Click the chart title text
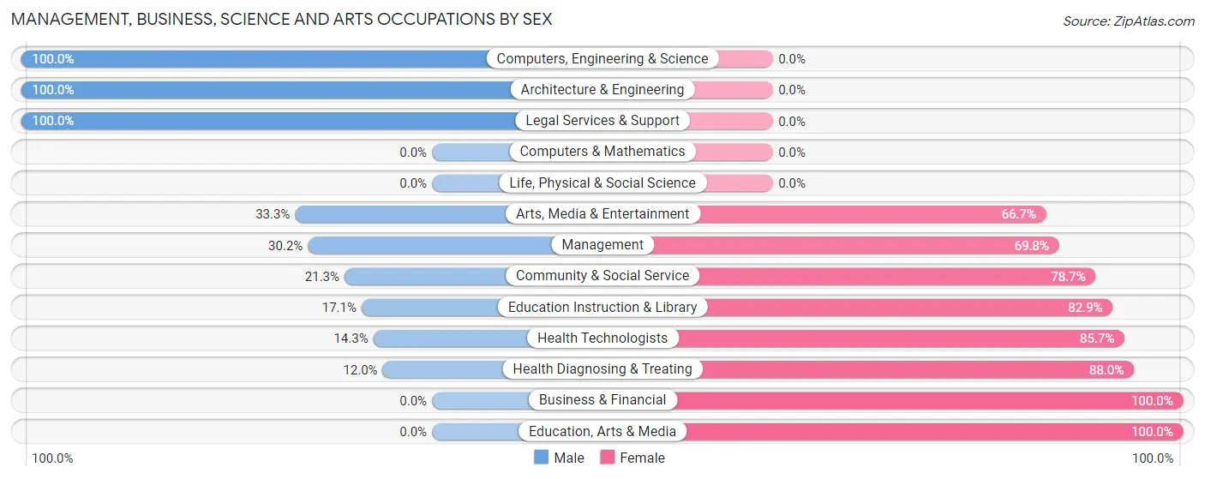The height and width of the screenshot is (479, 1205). pos(282,19)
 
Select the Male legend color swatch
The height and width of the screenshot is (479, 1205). pos(541,458)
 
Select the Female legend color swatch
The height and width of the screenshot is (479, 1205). pos(608,458)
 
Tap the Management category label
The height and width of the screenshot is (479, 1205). pos(602,245)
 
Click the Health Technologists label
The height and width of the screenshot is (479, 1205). pos(602,338)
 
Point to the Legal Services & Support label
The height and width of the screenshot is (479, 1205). pos(602,121)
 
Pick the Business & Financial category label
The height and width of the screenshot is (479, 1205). pos(602,400)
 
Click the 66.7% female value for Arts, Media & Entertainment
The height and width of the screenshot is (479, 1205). pos(1019,214)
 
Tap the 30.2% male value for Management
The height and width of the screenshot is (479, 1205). pos(285,246)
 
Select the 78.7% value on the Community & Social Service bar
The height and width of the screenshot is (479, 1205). pos(1068,277)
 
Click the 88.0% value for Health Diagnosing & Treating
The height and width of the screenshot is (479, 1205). pos(1106,370)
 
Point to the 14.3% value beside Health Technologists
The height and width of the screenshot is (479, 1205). pos(351,338)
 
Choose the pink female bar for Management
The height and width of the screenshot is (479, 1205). pos(857,246)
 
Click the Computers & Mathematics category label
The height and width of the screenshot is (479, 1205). pos(602,152)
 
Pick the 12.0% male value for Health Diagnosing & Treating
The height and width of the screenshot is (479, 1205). pos(360,370)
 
